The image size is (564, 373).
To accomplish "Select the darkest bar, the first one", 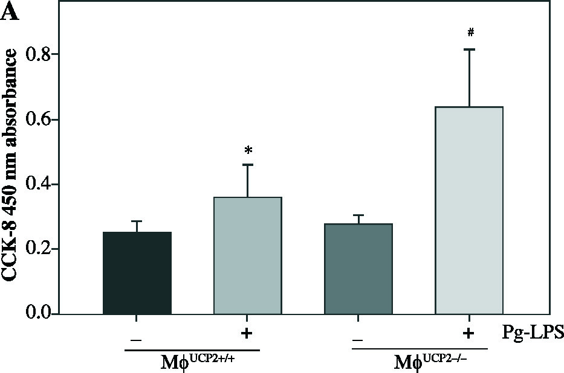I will point(137,273).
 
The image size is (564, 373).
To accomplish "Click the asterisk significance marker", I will point(248,150).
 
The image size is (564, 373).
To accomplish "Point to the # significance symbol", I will point(470,33).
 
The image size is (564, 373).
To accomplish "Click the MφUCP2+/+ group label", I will point(192,363).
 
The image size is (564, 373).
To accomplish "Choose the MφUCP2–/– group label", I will point(419,363).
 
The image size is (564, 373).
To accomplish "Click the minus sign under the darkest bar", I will point(137,340).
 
